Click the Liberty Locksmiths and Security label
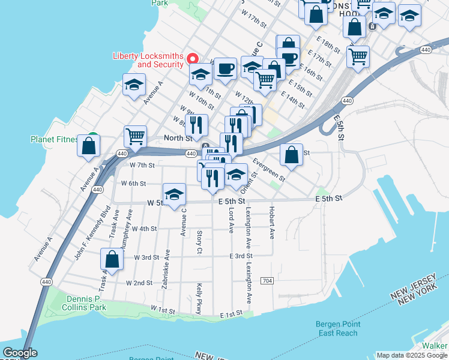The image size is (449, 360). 148,60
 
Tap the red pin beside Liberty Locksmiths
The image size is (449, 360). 193,59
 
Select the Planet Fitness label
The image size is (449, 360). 55,140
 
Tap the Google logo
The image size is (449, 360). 20,353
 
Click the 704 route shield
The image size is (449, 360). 267,281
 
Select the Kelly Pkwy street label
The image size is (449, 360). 199,299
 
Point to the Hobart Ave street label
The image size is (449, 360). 272,222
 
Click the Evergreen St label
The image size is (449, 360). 268,170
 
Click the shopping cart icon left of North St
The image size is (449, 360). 135,136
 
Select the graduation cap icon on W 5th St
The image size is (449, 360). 174,194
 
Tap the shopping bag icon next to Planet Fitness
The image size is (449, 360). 89,145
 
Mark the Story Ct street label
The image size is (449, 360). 199,241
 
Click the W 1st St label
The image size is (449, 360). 162,310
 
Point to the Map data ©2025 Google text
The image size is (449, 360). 411,355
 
